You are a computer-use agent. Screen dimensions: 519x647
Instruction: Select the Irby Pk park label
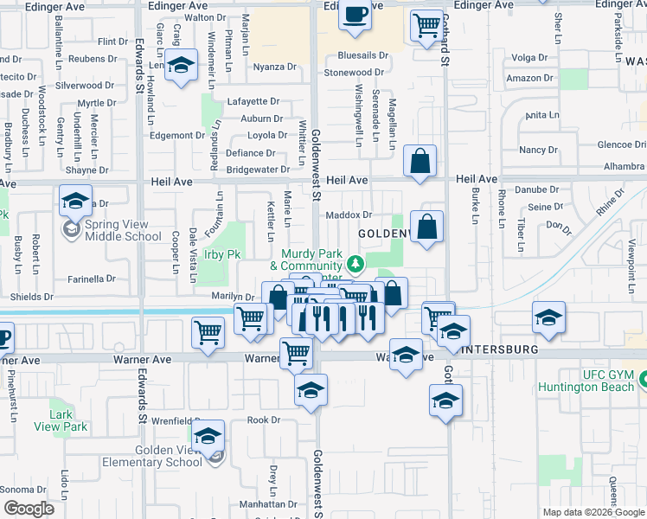click(x=221, y=254)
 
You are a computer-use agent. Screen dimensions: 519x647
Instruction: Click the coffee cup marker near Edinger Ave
click(x=355, y=16)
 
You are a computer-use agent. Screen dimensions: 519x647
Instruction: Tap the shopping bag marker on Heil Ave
click(x=420, y=162)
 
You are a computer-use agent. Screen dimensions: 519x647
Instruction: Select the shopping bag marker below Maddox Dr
click(x=427, y=227)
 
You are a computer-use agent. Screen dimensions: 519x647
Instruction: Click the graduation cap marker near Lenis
click(x=182, y=66)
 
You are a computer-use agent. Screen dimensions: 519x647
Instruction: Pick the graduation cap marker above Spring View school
click(x=76, y=202)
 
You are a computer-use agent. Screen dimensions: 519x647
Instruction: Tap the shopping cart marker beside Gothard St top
click(x=426, y=26)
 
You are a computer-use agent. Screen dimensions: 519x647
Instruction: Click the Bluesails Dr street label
click(x=356, y=55)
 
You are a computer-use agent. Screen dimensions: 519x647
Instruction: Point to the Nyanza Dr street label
click(x=274, y=67)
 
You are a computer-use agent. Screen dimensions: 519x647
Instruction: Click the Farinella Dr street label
click(x=93, y=279)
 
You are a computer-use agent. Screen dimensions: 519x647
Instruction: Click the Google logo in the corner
click(x=29, y=509)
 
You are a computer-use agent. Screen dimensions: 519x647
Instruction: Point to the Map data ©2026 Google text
click(x=593, y=512)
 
